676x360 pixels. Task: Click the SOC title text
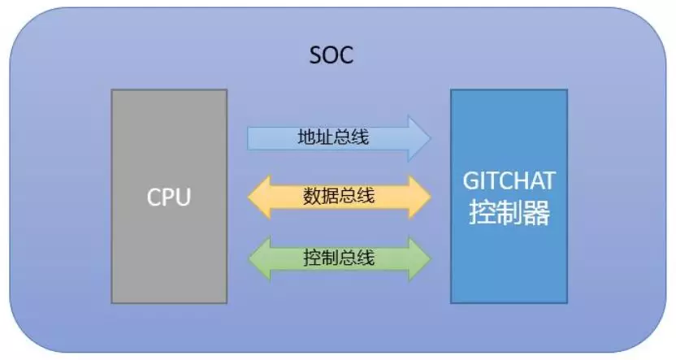coord(331,54)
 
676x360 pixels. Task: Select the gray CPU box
coord(169,196)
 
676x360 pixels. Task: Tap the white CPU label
coord(168,197)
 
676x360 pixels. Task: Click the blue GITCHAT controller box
coord(509,196)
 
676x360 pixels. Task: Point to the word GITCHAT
coord(509,180)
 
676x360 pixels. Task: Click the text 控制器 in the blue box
coord(509,213)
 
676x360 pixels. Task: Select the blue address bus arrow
coord(339,138)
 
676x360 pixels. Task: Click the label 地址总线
coord(333,137)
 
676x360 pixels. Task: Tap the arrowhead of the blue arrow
coord(419,138)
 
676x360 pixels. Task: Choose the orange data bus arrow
coord(340,197)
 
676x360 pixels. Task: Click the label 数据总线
coord(339,196)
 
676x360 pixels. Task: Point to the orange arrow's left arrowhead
coord(259,197)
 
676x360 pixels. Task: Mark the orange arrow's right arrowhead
coord(419,197)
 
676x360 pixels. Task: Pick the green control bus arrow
coord(340,258)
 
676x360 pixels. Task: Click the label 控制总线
coord(339,258)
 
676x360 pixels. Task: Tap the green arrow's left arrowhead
coord(259,258)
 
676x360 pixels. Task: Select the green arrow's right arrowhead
coord(419,258)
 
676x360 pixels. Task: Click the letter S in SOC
coord(316,55)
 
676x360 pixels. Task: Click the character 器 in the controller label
coord(537,213)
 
